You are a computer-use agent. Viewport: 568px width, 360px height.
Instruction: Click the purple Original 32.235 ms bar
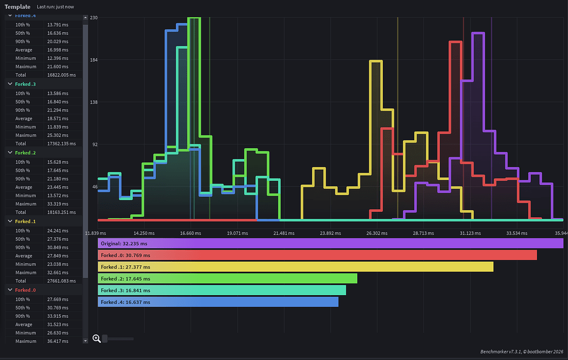[x=331, y=244]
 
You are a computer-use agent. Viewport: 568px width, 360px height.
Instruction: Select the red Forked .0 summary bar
[x=317, y=255]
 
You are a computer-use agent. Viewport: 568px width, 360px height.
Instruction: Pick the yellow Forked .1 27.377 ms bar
[x=296, y=267]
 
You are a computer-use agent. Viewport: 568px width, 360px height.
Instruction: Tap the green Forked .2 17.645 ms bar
[x=227, y=278]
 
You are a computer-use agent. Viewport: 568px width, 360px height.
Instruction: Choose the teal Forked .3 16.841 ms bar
[x=222, y=290]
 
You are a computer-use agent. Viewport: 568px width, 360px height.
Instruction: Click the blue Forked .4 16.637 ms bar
[x=218, y=302]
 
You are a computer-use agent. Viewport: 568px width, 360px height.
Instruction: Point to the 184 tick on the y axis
[x=94, y=60]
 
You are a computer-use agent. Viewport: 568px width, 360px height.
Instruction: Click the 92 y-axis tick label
[x=95, y=145]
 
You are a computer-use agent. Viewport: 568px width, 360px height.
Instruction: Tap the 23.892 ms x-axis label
[x=331, y=233]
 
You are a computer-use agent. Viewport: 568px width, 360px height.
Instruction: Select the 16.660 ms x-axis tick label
[x=191, y=233]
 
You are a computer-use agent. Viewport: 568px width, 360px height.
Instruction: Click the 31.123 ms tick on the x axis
[x=470, y=233]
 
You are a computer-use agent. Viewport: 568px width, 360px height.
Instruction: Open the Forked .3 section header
[x=26, y=84]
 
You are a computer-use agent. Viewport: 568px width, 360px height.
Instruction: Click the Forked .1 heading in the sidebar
[x=26, y=221]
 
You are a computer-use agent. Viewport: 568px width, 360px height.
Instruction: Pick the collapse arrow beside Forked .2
[x=10, y=153]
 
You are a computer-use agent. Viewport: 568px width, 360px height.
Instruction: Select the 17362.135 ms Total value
[x=62, y=144]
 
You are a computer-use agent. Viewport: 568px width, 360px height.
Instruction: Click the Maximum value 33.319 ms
[x=58, y=204]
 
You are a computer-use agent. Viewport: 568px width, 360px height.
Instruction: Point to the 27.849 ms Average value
[x=58, y=256]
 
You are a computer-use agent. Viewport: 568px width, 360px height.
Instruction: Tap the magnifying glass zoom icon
[x=97, y=338]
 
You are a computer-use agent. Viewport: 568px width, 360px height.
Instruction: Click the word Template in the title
[x=17, y=7]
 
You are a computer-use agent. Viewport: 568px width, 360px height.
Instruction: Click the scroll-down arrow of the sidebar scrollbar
[x=85, y=341]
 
